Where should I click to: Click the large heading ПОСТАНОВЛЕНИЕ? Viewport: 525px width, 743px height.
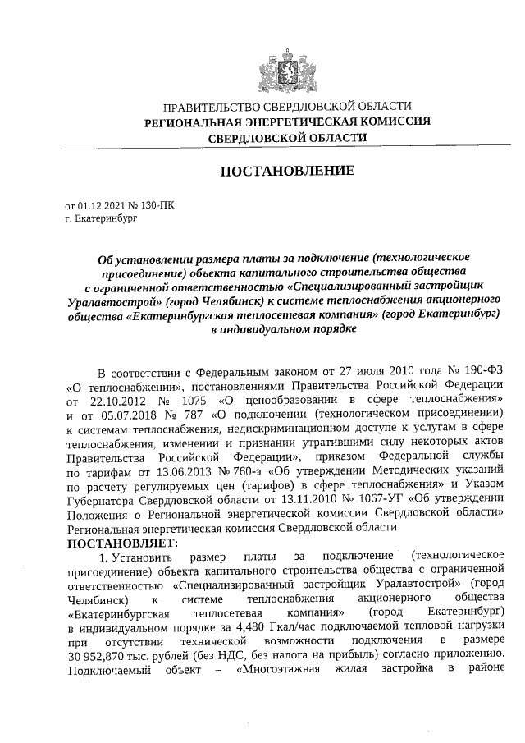pos(287,171)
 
